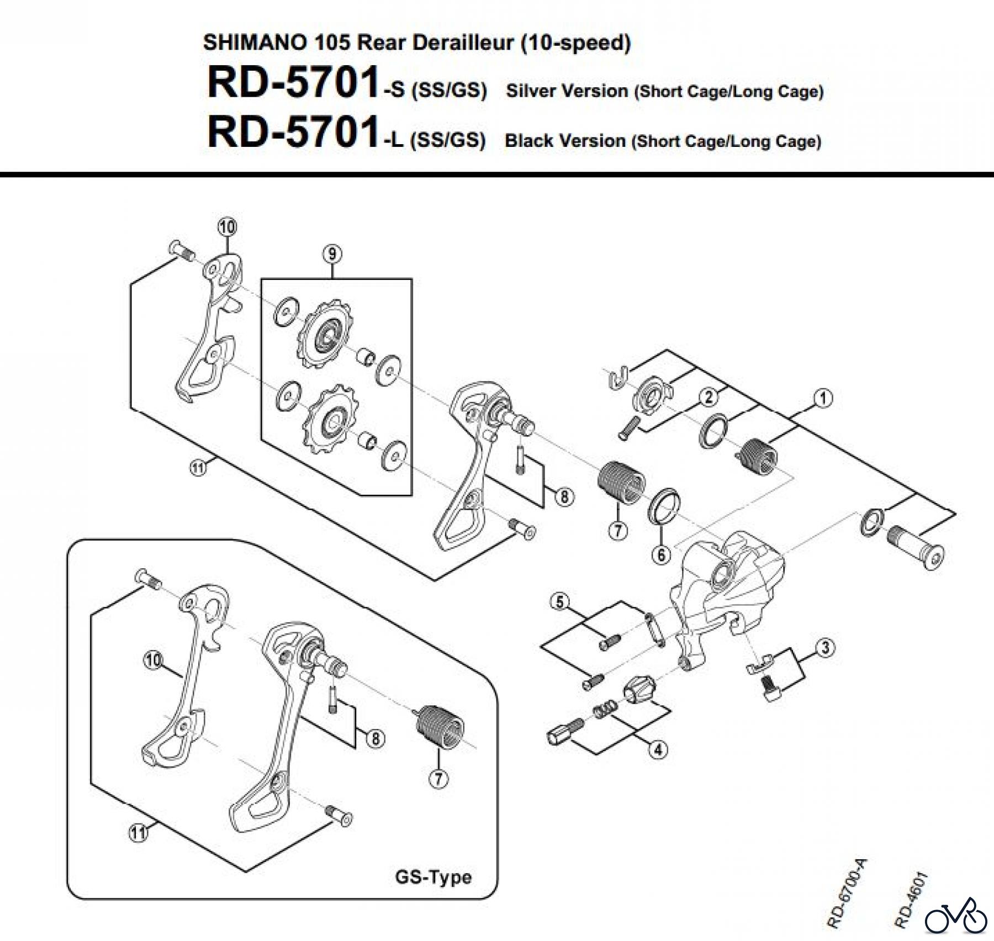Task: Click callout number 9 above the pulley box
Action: click(331, 254)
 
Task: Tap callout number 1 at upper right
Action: click(822, 398)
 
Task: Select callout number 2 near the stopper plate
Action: click(709, 397)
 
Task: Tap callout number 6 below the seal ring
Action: click(661, 553)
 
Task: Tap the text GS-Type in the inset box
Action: click(433, 877)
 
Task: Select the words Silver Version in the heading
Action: click(567, 91)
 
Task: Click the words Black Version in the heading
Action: click(564, 141)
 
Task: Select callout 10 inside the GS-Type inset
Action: click(154, 660)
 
